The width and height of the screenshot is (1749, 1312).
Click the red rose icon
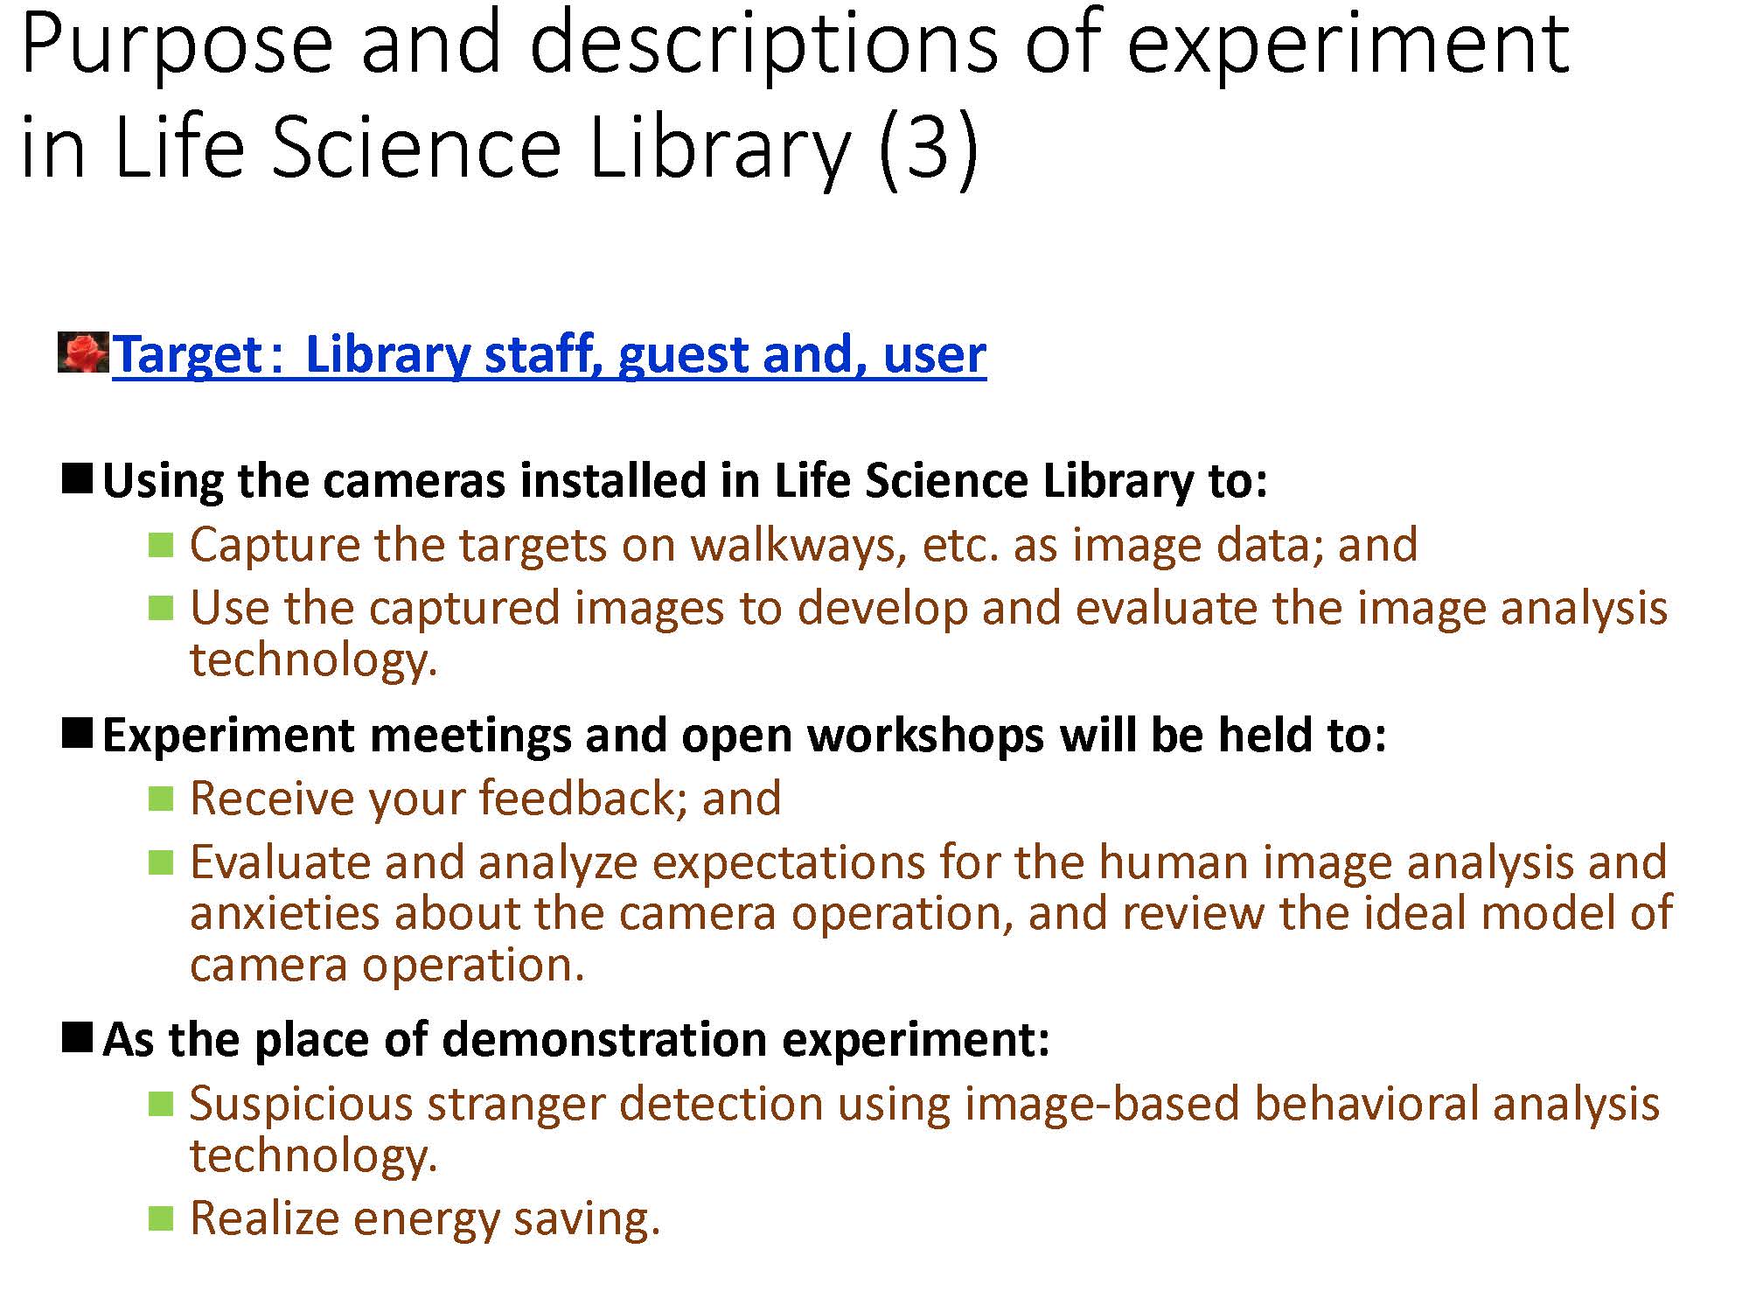pos(84,352)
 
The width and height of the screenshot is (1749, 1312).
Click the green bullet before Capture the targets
pos(161,544)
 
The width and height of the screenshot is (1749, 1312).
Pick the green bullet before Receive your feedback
pos(161,798)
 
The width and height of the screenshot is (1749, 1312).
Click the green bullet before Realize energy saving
pos(161,1218)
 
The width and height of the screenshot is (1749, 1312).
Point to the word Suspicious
pos(301,1104)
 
